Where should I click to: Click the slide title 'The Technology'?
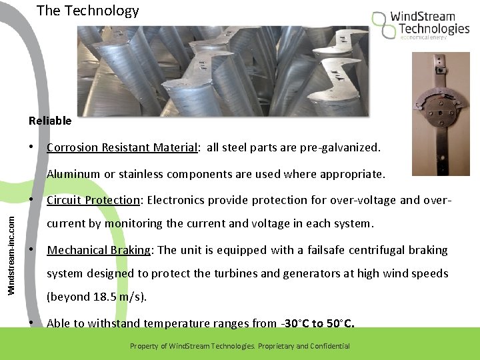(x=87, y=11)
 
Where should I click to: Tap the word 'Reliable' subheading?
(x=50, y=121)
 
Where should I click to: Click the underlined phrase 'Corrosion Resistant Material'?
(x=122, y=147)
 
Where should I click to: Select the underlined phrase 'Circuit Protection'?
(x=93, y=200)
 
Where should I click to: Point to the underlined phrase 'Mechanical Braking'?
(x=99, y=250)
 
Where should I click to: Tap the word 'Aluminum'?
(x=73, y=174)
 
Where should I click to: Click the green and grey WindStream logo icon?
(x=384, y=24)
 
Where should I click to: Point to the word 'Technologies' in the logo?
(x=434, y=29)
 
